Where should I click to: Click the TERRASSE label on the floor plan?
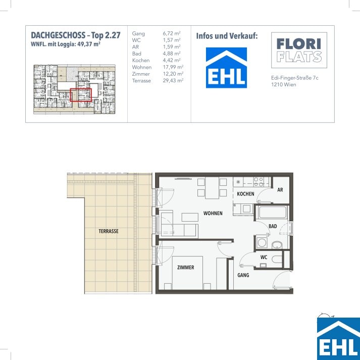coord(109,231)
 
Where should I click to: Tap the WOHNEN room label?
coord(213,213)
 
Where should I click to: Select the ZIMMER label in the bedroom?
coord(185,267)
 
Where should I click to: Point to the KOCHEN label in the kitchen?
coord(245,194)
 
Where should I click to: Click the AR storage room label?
coord(280,190)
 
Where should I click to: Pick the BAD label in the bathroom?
coord(273,226)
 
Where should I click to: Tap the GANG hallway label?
coord(243,275)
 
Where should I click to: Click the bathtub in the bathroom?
coord(272,213)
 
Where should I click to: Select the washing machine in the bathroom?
coord(262,242)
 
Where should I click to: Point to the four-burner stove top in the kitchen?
coord(259,182)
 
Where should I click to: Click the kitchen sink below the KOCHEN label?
coord(246,209)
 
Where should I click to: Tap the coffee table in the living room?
coord(190,217)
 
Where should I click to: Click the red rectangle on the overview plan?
coord(81,95)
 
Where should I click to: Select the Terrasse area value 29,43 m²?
coord(173,81)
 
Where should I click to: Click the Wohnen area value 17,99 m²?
coord(173,67)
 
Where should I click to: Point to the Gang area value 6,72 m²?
coord(172,33)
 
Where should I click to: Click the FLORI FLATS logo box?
coord(299,50)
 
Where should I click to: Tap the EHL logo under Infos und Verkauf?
coord(226,68)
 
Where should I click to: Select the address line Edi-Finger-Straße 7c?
coord(295,78)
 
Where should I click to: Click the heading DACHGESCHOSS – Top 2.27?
coord(76,35)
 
